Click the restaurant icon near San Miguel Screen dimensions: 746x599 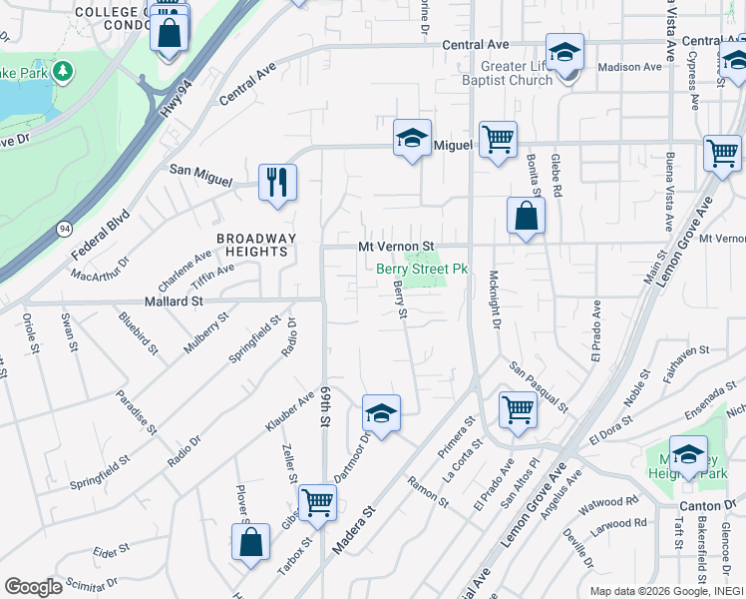[x=277, y=182]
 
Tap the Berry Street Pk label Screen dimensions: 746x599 [x=422, y=269]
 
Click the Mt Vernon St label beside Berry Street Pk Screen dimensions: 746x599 [x=397, y=246]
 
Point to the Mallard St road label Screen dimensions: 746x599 [x=174, y=299]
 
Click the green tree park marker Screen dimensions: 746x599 [x=63, y=72]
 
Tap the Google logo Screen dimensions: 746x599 [x=33, y=587]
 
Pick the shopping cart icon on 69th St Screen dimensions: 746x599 [x=317, y=501]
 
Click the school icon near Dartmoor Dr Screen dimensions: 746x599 [x=380, y=412]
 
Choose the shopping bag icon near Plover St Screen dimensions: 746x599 [x=251, y=542]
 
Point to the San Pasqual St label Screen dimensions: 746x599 [x=539, y=387]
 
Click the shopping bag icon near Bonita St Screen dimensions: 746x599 [x=526, y=215]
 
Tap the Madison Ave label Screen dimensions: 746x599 [x=629, y=67]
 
